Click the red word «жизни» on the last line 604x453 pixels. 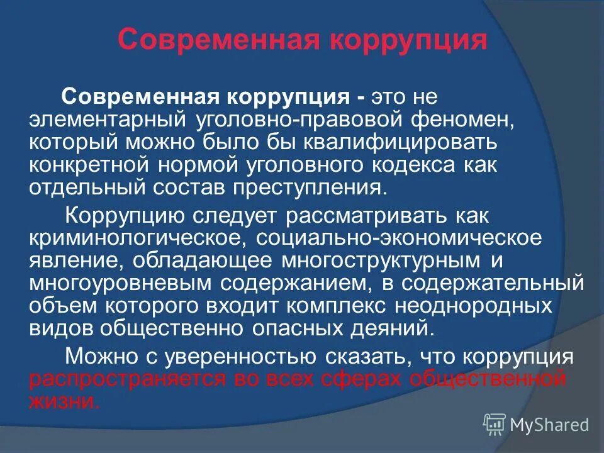coord(64,401)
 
